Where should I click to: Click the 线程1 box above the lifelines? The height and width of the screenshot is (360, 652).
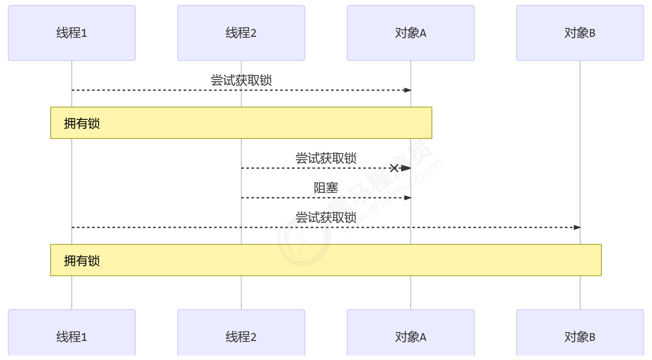(71, 33)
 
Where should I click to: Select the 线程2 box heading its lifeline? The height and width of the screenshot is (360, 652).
(241, 33)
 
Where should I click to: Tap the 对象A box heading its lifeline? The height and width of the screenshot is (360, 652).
(411, 33)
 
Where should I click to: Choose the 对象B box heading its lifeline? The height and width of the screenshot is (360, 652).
(580, 33)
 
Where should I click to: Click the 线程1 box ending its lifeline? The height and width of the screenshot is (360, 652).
(71, 336)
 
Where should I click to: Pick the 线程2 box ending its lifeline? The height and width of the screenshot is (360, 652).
(241, 336)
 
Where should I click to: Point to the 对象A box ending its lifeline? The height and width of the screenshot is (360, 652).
(411, 336)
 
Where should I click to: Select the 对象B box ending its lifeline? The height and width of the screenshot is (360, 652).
(580, 336)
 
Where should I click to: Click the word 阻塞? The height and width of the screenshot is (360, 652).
(326, 188)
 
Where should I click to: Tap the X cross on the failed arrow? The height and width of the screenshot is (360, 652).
(394, 168)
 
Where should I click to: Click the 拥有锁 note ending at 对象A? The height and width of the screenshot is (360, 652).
(241, 123)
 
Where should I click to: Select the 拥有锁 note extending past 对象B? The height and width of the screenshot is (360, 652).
(326, 260)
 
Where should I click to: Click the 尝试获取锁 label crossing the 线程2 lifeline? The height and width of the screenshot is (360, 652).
(241, 80)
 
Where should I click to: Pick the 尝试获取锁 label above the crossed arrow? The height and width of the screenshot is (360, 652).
(326, 158)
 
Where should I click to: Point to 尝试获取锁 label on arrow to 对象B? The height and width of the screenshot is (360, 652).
(326, 217)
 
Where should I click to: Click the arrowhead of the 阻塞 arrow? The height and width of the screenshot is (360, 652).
(408, 198)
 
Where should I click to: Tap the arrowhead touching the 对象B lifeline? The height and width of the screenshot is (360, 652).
(577, 227)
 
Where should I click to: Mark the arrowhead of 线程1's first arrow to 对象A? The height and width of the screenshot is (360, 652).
(408, 90)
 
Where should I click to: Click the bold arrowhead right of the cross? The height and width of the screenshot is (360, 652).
(406, 168)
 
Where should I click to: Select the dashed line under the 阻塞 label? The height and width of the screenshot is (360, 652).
(311, 198)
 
